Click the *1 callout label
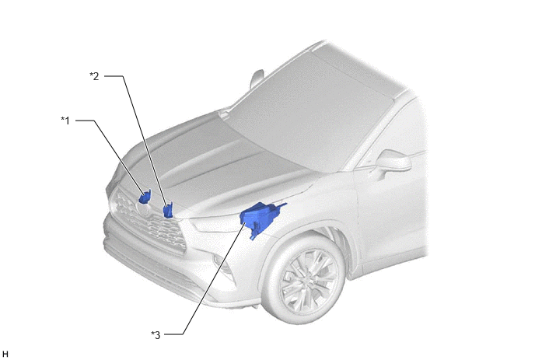65,121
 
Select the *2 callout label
94,76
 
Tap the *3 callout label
156,335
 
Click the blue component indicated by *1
145,197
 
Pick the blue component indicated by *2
168,210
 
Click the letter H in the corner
5,354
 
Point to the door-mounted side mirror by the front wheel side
393,162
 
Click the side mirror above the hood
257,79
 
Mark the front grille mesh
149,222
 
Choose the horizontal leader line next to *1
85,121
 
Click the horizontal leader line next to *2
114,76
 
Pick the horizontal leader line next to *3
174,334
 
